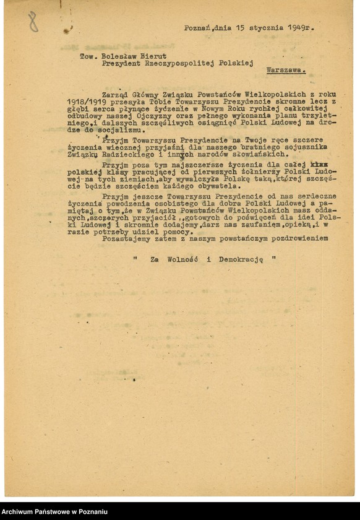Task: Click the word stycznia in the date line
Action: [x=267, y=28]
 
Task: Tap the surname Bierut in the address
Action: [x=153, y=56]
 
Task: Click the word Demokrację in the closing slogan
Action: [x=240, y=260]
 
